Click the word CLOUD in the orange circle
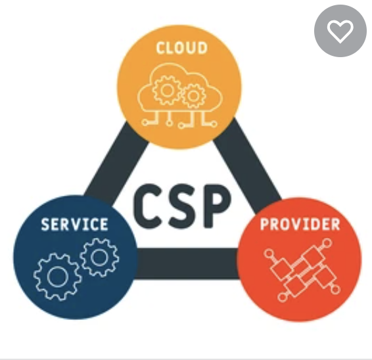pyautogui.click(x=182, y=48)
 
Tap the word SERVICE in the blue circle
pyautogui.click(x=75, y=225)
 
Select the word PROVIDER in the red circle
pyautogui.click(x=300, y=225)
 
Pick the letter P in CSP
pyautogui.click(x=216, y=206)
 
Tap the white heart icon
pyautogui.click(x=340, y=32)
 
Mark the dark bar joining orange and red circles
pyautogui.click(x=246, y=161)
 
